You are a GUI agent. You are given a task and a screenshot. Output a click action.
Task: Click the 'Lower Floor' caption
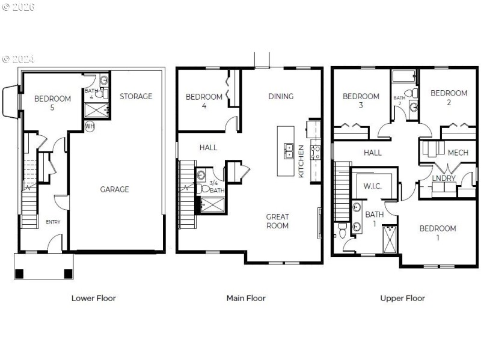pyautogui.click(x=93, y=298)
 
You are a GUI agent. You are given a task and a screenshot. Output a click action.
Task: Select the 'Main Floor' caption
pyautogui.click(x=245, y=298)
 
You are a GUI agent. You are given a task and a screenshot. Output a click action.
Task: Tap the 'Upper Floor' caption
pyautogui.click(x=402, y=298)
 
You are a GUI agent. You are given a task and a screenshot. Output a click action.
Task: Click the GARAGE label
pyautogui.click(x=114, y=189)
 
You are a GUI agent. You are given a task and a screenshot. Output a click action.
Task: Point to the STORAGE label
pyautogui.click(x=135, y=96)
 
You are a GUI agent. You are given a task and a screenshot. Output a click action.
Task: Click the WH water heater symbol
pyautogui.click(x=90, y=126)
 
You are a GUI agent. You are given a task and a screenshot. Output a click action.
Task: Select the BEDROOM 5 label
pyautogui.click(x=52, y=103)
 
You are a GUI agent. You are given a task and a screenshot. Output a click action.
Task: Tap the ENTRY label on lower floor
pyautogui.click(x=53, y=222)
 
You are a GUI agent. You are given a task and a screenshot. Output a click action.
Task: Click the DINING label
pyautogui.click(x=281, y=96)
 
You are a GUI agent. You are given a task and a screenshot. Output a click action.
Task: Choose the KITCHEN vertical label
pyautogui.click(x=301, y=161)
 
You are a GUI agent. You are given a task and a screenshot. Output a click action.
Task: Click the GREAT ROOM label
pyautogui.click(x=277, y=221)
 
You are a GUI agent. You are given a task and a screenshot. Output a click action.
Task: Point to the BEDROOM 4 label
pyautogui.click(x=204, y=101)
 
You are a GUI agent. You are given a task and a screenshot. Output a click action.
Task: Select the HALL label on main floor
pyautogui.click(x=209, y=147)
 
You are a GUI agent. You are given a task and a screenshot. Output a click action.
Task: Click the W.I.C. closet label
pyautogui.click(x=373, y=186)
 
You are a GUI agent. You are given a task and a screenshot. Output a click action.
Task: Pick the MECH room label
pyautogui.click(x=458, y=153)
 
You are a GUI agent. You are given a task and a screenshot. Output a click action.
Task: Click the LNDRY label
pyautogui.click(x=444, y=178)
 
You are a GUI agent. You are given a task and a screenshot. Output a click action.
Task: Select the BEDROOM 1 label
pyautogui.click(x=437, y=233)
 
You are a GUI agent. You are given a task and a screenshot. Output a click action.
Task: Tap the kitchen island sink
pyautogui.click(x=289, y=150)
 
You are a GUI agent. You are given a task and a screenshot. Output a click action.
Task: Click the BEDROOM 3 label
pyautogui.click(x=361, y=101)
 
